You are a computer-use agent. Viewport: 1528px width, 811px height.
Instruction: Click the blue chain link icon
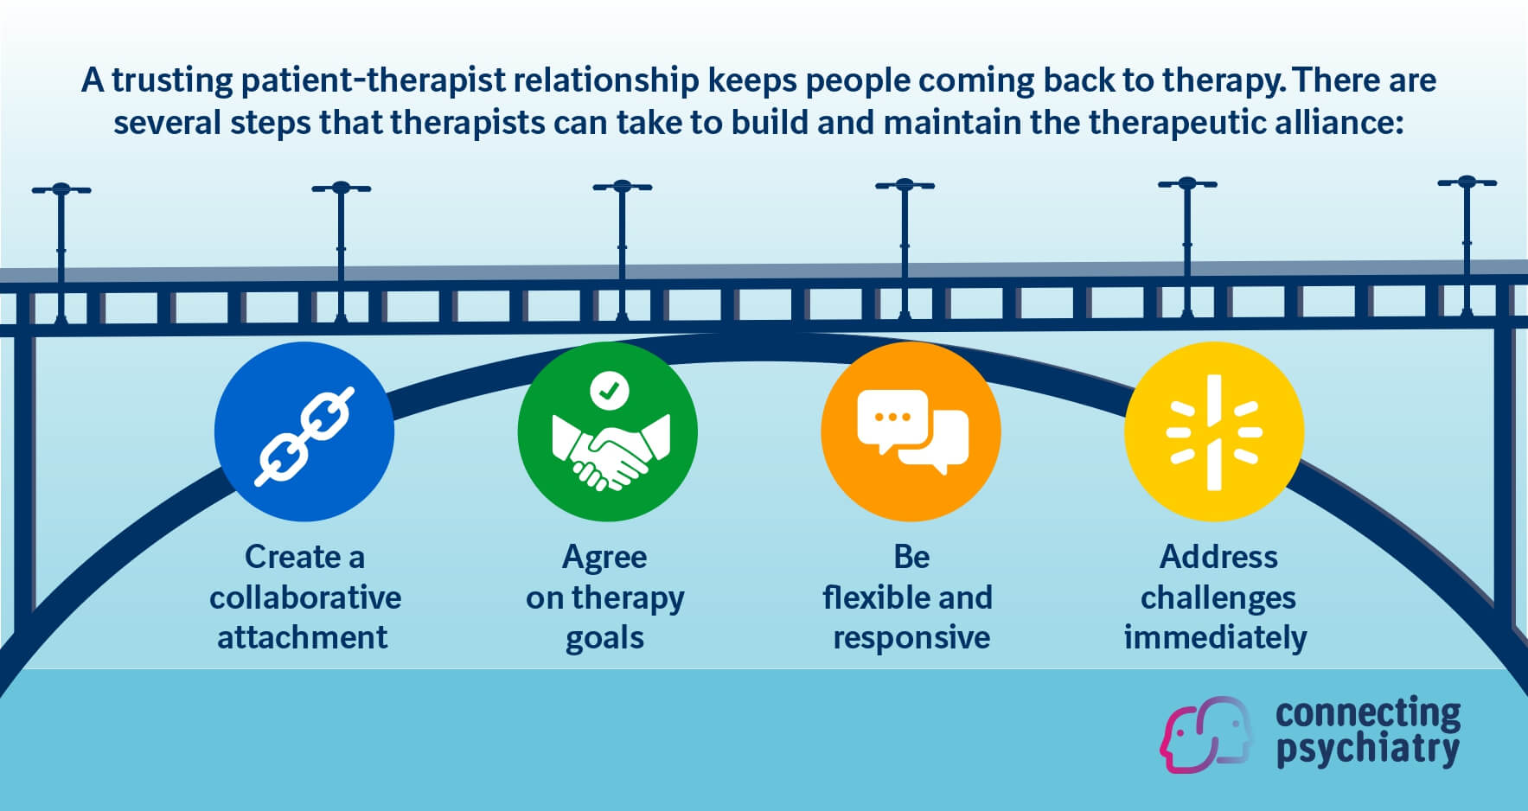(304, 432)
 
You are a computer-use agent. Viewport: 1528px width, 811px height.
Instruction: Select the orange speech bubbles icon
(911, 432)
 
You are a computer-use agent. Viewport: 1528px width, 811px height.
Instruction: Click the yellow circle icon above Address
(1214, 432)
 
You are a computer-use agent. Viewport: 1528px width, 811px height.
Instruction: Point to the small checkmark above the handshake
(609, 391)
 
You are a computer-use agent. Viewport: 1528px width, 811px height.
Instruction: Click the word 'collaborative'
(305, 597)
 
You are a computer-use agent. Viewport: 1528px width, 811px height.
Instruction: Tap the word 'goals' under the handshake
(604, 638)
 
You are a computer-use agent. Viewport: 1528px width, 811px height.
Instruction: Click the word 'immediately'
(1215, 638)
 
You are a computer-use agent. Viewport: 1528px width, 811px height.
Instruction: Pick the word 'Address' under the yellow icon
(1218, 557)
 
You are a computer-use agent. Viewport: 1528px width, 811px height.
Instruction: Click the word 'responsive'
(911, 638)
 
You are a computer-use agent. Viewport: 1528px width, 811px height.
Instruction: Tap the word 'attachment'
(303, 638)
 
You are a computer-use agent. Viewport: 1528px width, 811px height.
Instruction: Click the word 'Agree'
(604, 558)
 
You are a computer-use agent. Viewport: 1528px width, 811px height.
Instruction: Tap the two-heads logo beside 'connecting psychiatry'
(1206, 733)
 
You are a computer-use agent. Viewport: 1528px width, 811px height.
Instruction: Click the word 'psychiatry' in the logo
(1367, 749)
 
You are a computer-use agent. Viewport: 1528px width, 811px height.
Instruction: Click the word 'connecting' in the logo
(1367, 713)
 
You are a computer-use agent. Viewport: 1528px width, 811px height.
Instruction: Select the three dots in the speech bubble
(892, 417)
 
